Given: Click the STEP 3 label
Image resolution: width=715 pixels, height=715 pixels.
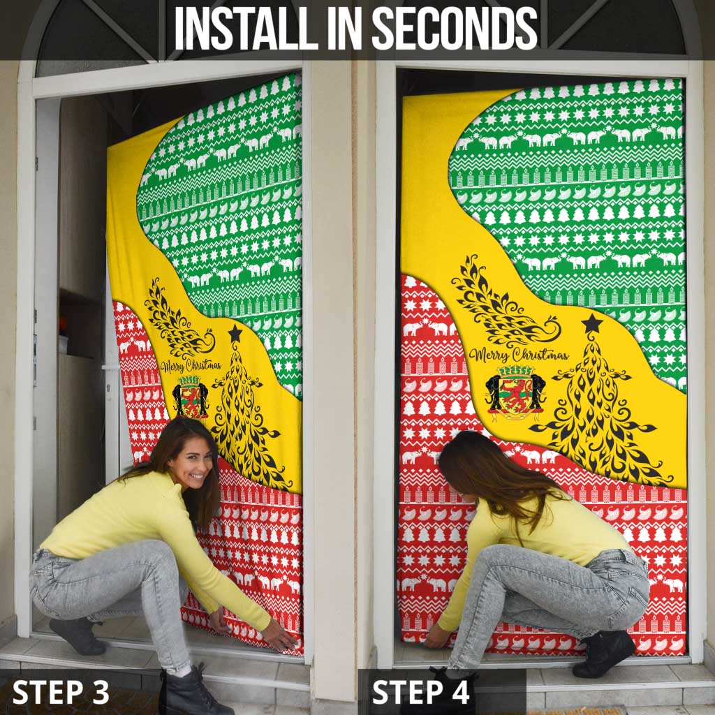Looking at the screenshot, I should tap(61, 692).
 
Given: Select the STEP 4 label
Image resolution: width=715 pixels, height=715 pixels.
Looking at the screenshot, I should tap(421, 692).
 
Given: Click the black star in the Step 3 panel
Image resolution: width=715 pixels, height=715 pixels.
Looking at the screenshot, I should tap(235, 334).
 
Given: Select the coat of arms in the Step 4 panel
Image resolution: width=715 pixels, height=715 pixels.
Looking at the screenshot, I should tap(515, 393).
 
